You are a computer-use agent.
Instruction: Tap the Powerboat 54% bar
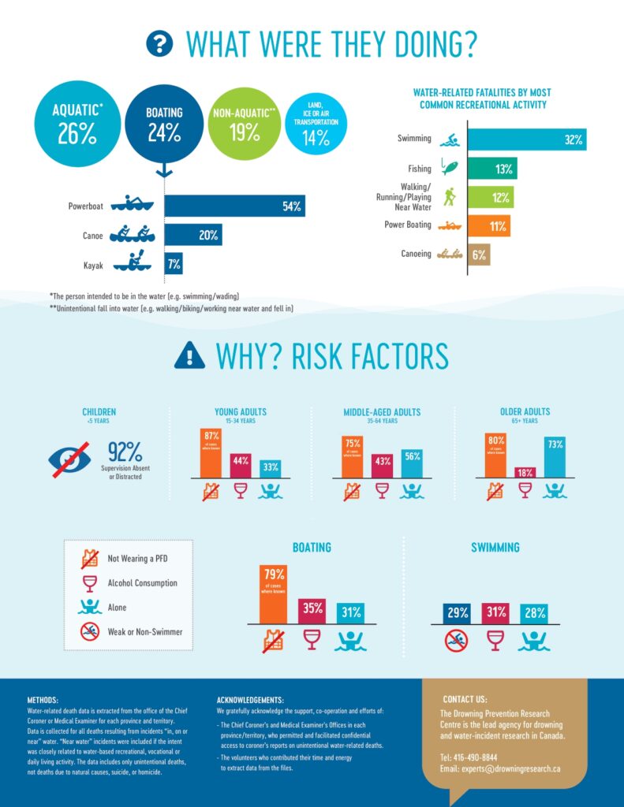(234, 206)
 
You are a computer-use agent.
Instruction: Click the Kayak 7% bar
(174, 264)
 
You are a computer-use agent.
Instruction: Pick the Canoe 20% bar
(192, 236)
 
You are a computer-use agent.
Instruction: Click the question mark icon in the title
(159, 44)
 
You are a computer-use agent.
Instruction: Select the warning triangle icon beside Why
(189, 356)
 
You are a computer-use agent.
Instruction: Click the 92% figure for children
(125, 452)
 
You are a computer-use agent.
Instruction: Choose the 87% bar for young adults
(211, 453)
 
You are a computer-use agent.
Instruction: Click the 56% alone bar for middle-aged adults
(411, 463)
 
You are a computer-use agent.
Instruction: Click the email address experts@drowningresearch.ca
(499, 768)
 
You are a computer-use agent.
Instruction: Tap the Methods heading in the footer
(42, 699)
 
